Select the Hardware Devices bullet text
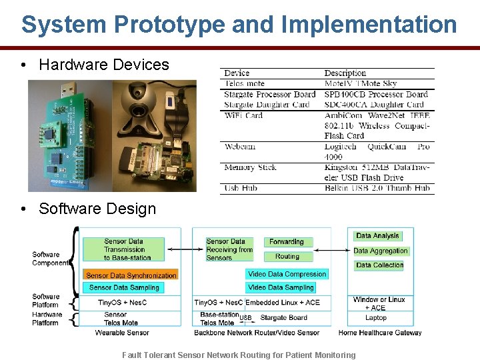click(104, 65)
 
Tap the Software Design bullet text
click(97, 209)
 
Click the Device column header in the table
click(237, 73)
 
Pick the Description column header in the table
click(345, 73)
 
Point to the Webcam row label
click(239, 147)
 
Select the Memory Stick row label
click(250, 167)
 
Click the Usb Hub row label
click(241, 189)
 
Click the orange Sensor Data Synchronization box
click(131, 275)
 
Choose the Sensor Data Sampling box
click(124, 288)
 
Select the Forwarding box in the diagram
click(287, 242)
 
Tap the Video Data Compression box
click(287, 274)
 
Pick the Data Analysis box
click(377, 236)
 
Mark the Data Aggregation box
click(381, 251)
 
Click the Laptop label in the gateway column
click(376, 318)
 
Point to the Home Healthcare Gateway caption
click(380, 333)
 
